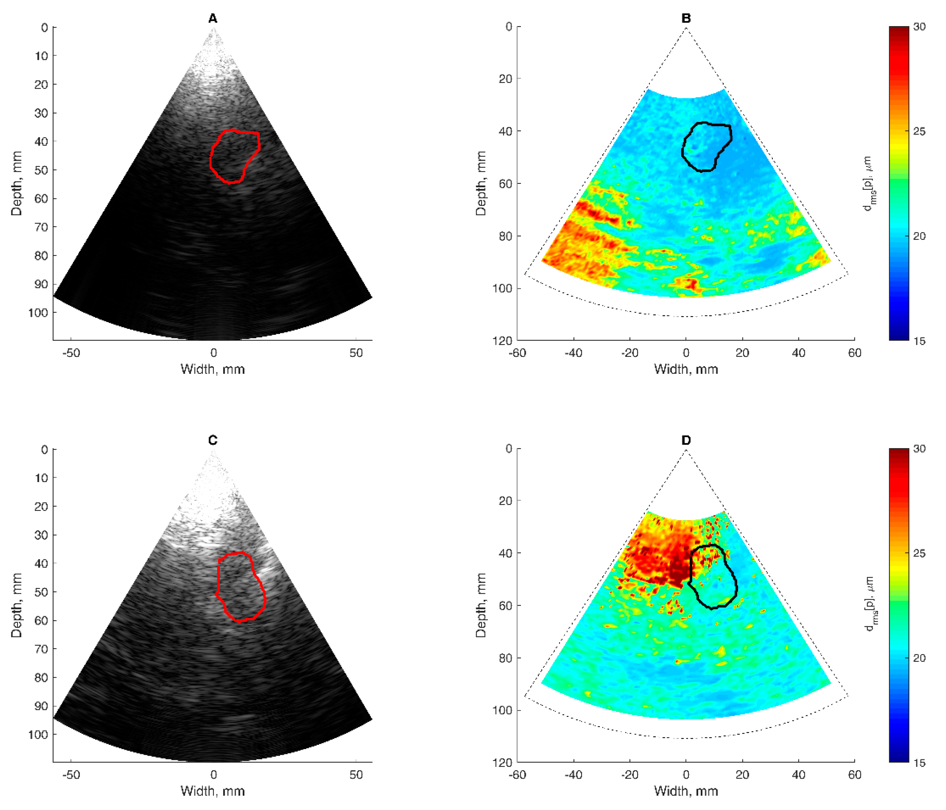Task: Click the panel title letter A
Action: tap(213, 19)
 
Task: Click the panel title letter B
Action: tap(686, 19)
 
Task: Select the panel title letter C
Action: tap(213, 440)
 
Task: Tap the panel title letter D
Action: tap(686, 440)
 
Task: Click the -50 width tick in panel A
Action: tap(71, 353)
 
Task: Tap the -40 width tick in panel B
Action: tap(573, 353)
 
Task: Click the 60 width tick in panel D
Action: tap(854, 775)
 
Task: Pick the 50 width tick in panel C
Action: tap(356, 775)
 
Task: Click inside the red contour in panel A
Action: tap(234, 155)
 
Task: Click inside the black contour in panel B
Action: tap(705, 146)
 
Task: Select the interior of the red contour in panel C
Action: tap(240, 586)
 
